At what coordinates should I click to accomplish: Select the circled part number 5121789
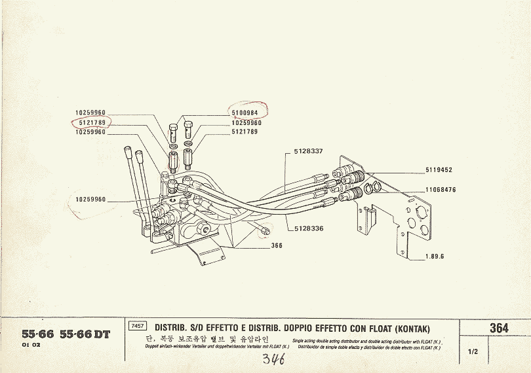click(x=90, y=122)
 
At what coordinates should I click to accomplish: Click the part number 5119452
click(x=439, y=170)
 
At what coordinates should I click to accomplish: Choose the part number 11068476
click(x=441, y=190)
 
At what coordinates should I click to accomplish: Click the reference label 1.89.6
click(x=433, y=256)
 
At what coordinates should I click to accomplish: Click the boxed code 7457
click(x=138, y=326)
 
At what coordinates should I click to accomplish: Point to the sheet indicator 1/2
click(x=473, y=351)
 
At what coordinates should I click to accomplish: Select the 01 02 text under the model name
click(x=31, y=344)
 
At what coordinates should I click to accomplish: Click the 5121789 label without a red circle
click(x=245, y=132)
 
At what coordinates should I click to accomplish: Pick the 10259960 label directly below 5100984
click(x=246, y=123)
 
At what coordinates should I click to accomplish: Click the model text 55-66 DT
click(x=85, y=334)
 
